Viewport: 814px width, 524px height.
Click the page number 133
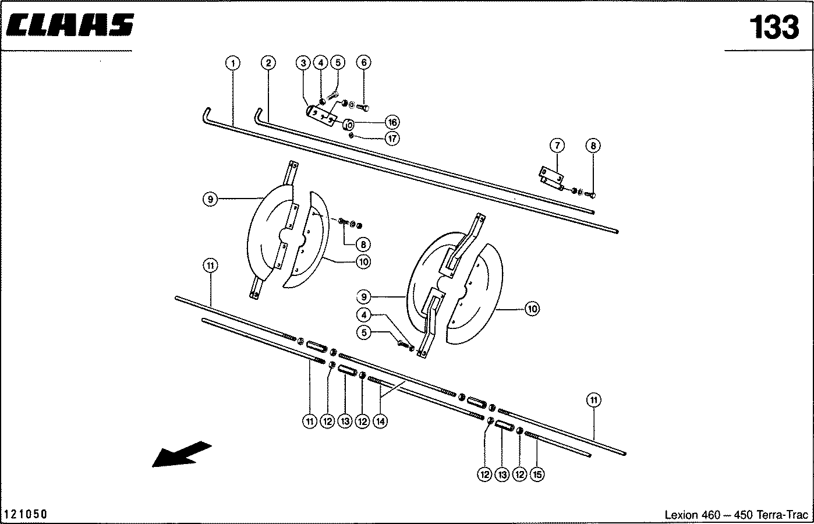774,27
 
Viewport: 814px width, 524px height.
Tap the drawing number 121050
26,515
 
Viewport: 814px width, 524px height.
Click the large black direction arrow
181,453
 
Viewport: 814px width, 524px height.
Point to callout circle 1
232,62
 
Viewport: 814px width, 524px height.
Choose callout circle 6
363,62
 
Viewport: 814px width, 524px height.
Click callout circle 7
557,145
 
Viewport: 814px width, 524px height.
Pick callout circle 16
392,122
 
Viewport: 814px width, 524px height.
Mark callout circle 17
392,139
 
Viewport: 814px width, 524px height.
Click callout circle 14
380,421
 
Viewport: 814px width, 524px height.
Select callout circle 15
537,475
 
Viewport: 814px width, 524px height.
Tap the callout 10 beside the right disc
532,309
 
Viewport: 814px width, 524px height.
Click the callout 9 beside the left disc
211,200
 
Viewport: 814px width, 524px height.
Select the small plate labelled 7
551,176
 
